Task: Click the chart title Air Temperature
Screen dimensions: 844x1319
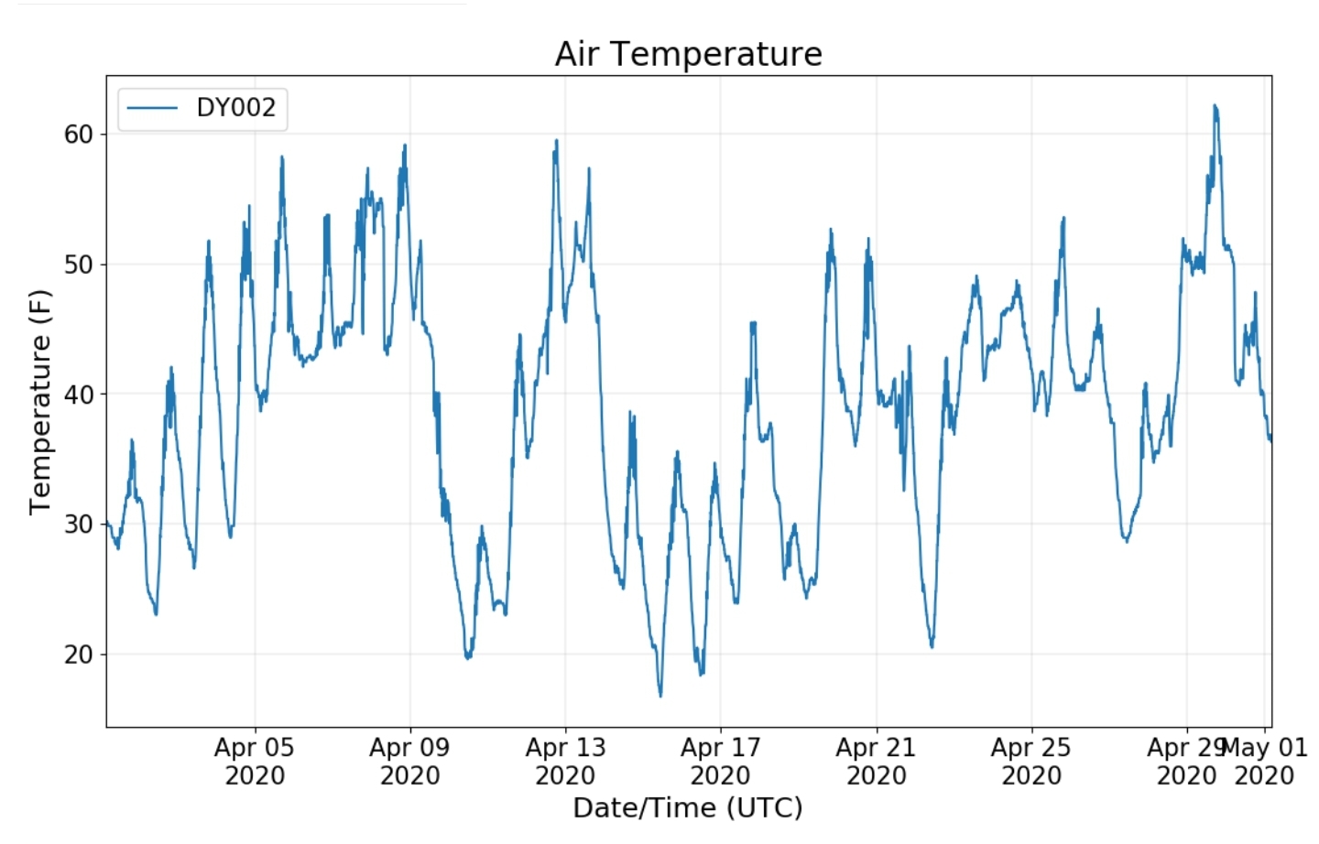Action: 688,54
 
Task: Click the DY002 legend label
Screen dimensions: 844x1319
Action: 235,108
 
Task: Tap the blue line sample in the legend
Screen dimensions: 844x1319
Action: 152,108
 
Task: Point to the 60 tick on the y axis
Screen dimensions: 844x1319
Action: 79,135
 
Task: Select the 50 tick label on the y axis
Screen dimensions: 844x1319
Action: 79,265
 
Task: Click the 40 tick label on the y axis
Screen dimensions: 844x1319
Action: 79,395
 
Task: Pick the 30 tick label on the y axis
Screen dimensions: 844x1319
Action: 79,525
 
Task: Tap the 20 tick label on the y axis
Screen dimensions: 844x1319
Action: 79,655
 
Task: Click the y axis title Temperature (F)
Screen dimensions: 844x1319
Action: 40,402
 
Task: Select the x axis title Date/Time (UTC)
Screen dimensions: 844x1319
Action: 688,807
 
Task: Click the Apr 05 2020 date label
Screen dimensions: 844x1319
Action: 255,762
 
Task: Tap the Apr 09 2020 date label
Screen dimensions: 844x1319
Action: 409,762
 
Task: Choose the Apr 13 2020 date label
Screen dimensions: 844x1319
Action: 565,762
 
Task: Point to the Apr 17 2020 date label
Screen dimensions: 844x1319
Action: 720,762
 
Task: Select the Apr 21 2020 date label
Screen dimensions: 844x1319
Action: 876,762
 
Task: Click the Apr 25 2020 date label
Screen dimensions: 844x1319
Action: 1030,762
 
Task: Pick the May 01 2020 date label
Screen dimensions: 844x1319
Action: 1265,762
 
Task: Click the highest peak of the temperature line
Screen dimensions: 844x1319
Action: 1215,105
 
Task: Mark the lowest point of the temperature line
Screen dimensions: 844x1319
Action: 660,696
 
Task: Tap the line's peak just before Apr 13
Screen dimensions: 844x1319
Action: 556,141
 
